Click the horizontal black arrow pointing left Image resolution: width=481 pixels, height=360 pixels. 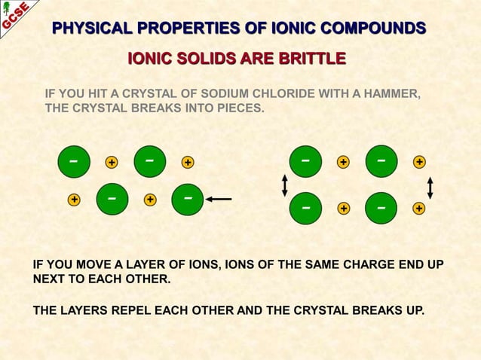(x=219, y=199)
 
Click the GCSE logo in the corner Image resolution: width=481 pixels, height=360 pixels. (x=15, y=15)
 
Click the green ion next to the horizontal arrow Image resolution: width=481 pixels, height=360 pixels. (x=188, y=199)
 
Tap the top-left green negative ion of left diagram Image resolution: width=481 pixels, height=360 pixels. (x=72, y=161)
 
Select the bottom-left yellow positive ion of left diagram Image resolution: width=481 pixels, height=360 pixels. (x=74, y=200)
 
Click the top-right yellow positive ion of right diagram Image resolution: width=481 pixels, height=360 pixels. (x=419, y=161)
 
